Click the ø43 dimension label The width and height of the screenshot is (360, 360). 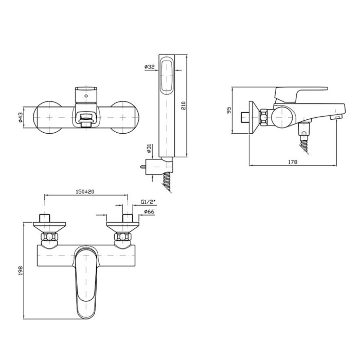coord(20,117)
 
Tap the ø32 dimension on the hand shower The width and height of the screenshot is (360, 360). coord(150,67)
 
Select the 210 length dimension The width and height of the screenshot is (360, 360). coord(184,105)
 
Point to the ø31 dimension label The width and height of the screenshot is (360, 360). coord(149,149)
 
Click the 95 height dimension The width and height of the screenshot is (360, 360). coord(229,110)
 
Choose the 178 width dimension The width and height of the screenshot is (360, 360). coord(293,162)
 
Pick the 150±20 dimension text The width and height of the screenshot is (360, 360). coord(85,191)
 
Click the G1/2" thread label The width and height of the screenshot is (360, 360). coord(148,202)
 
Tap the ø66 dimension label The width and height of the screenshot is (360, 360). coord(149,212)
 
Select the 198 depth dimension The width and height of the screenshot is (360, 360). coord(21,271)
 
